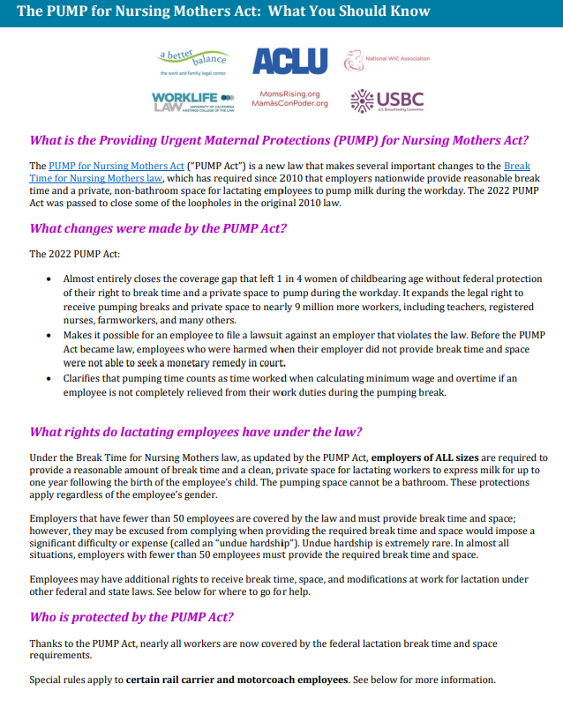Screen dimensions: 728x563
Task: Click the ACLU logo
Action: [289, 61]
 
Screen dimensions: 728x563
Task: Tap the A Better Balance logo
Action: [192, 62]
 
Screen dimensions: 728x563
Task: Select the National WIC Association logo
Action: [387, 60]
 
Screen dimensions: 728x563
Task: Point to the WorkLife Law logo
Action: [192, 100]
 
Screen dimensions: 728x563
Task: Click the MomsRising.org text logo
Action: [289, 98]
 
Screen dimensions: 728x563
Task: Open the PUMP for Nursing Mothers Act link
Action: [116, 166]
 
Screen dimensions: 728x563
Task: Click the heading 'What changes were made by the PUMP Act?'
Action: [158, 229]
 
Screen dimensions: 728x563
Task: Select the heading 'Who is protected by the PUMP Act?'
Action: [131, 617]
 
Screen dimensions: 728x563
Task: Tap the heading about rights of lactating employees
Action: [196, 432]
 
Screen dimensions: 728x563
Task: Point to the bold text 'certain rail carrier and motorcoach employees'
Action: [237, 680]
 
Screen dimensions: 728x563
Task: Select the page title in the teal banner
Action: [223, 12]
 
